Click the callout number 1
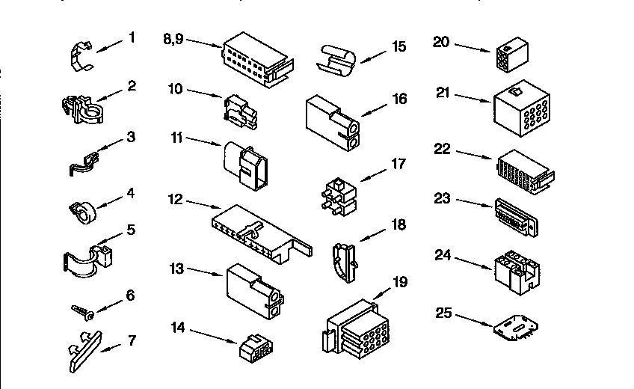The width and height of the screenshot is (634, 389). pos(132,36)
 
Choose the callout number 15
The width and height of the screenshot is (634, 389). pos(398,46)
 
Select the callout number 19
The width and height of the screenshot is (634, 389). pos(400,281)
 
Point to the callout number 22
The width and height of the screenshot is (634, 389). pos(442,150)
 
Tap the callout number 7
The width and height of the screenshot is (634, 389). pos(132,341)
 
